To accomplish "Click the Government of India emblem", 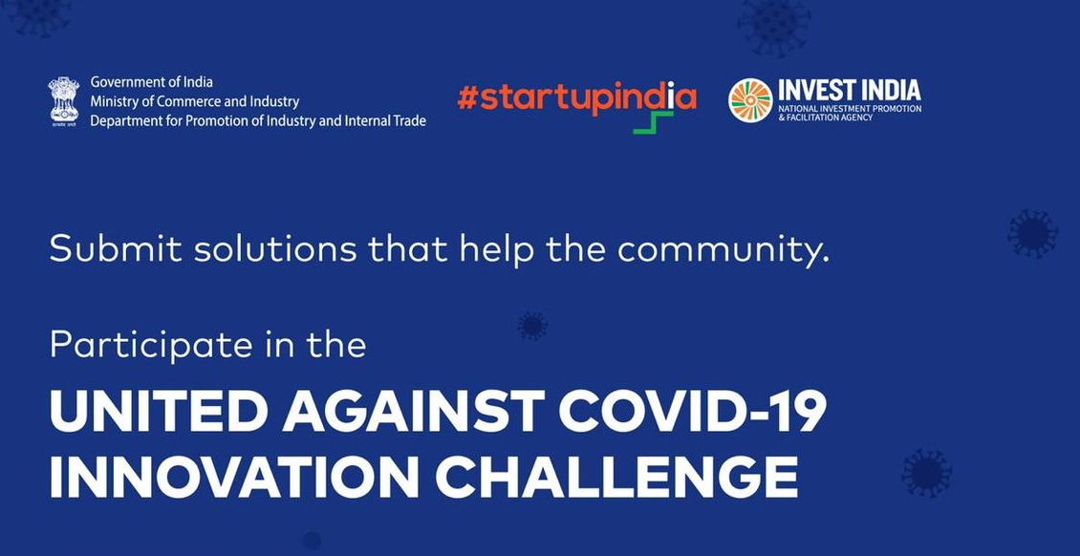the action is click(63, 100).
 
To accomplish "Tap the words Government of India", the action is click(152, 82).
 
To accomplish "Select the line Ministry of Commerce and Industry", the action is click(195, 102).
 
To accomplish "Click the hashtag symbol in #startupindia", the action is click(467, 98).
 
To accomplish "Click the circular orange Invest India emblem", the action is click(750, 100).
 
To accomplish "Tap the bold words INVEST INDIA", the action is click(850, 91).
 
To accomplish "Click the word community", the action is click(723, 249).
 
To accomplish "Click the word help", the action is click(496, 249).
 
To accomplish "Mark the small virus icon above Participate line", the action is click(532, 326).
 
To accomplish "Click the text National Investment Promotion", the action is click(850, 110).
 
